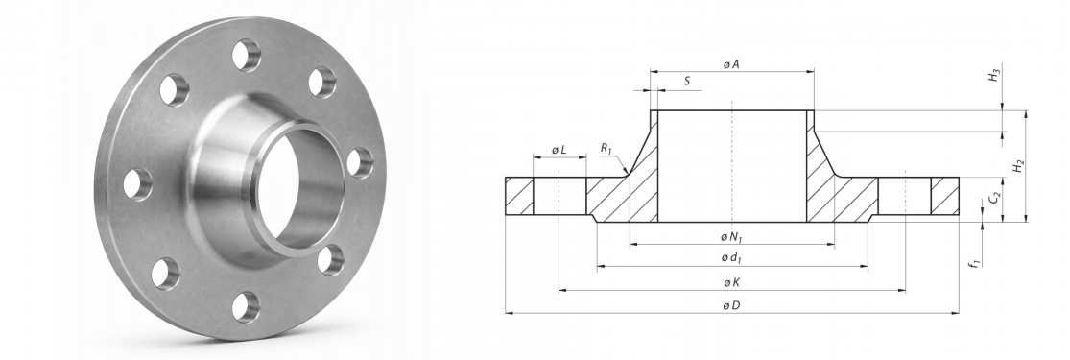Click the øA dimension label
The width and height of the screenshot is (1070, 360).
click(731, 64)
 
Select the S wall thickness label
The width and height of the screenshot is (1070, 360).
click(687, 82)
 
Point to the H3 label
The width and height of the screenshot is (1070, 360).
click(996, 75)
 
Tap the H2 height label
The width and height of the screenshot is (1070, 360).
click(1018, 165)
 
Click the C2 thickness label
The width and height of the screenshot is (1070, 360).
click(995, 199)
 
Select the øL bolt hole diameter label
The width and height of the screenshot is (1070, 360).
click(559, 150)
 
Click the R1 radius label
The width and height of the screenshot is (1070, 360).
click(606, 148)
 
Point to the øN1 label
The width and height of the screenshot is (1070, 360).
click(731, 237)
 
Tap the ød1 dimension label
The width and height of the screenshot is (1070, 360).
click(731, 258)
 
